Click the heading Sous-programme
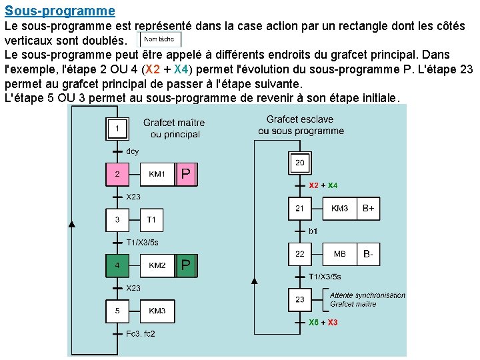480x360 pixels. [59, 11]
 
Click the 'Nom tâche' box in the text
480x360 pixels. [159, 39]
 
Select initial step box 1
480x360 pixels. [117, 129]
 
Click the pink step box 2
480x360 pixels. [117, 175]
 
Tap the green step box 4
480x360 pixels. [117, 265]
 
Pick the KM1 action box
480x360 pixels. [157, 175]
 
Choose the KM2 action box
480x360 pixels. [157, 265]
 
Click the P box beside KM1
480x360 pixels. [186, 175]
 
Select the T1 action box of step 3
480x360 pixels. [151, 220]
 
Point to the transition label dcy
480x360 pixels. [133, 151]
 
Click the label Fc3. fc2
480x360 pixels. [140, 333]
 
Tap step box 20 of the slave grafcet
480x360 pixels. [300, 163]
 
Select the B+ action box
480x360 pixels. [368, 209]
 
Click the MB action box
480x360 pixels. [339, 254]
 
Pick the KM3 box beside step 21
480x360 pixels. [339, 209]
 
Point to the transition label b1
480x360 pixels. [313, 231]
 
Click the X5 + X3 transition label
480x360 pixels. [323, 323]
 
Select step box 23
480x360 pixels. [300, 299]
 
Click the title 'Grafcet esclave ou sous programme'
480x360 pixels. [301, 125]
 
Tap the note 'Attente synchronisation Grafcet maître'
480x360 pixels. [367, 299]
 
